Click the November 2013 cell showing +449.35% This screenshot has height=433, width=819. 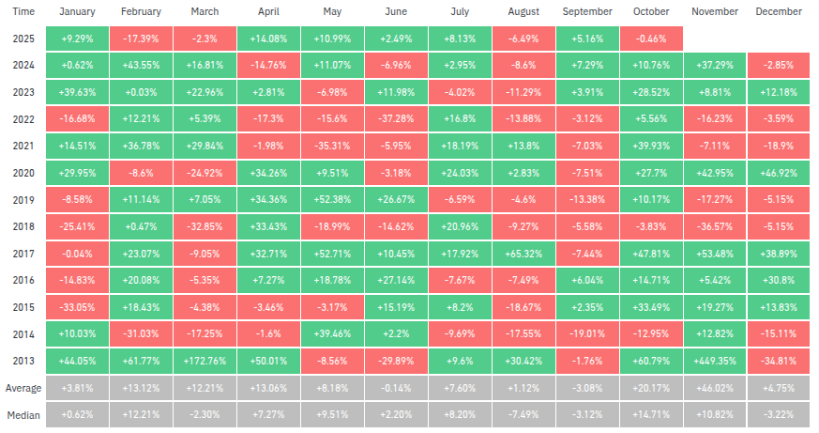[x=715, y=361]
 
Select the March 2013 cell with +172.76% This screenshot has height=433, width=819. [x=205, y=361]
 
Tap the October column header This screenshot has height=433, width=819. [x=651, y=11]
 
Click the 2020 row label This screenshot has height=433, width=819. [x=24, y=173]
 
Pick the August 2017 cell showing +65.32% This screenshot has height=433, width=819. [x=523, y=254]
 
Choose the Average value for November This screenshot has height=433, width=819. [x=715, y=388]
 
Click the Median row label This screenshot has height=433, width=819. [x=24, y=415]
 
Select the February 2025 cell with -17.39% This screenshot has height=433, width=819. [x=141, y=39]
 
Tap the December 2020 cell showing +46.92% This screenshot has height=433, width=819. [x=779, y=173]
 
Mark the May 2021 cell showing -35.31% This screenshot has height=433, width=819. [x=332, y=146]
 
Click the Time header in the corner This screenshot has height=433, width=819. [x=24, y=11]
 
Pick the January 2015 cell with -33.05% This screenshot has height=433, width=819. [x=77, y=307]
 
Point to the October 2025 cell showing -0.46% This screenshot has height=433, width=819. [x=651, y=39]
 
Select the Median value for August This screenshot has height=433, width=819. [x=523, y=415]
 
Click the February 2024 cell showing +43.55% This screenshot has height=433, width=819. [x=141, y=65]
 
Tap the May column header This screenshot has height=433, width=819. [x=332, y=11]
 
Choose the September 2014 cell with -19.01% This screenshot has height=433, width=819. [x=587, y=333]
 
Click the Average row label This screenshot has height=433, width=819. [x=24, y=388]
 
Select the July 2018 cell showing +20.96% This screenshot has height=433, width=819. [x=460, y=226]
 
